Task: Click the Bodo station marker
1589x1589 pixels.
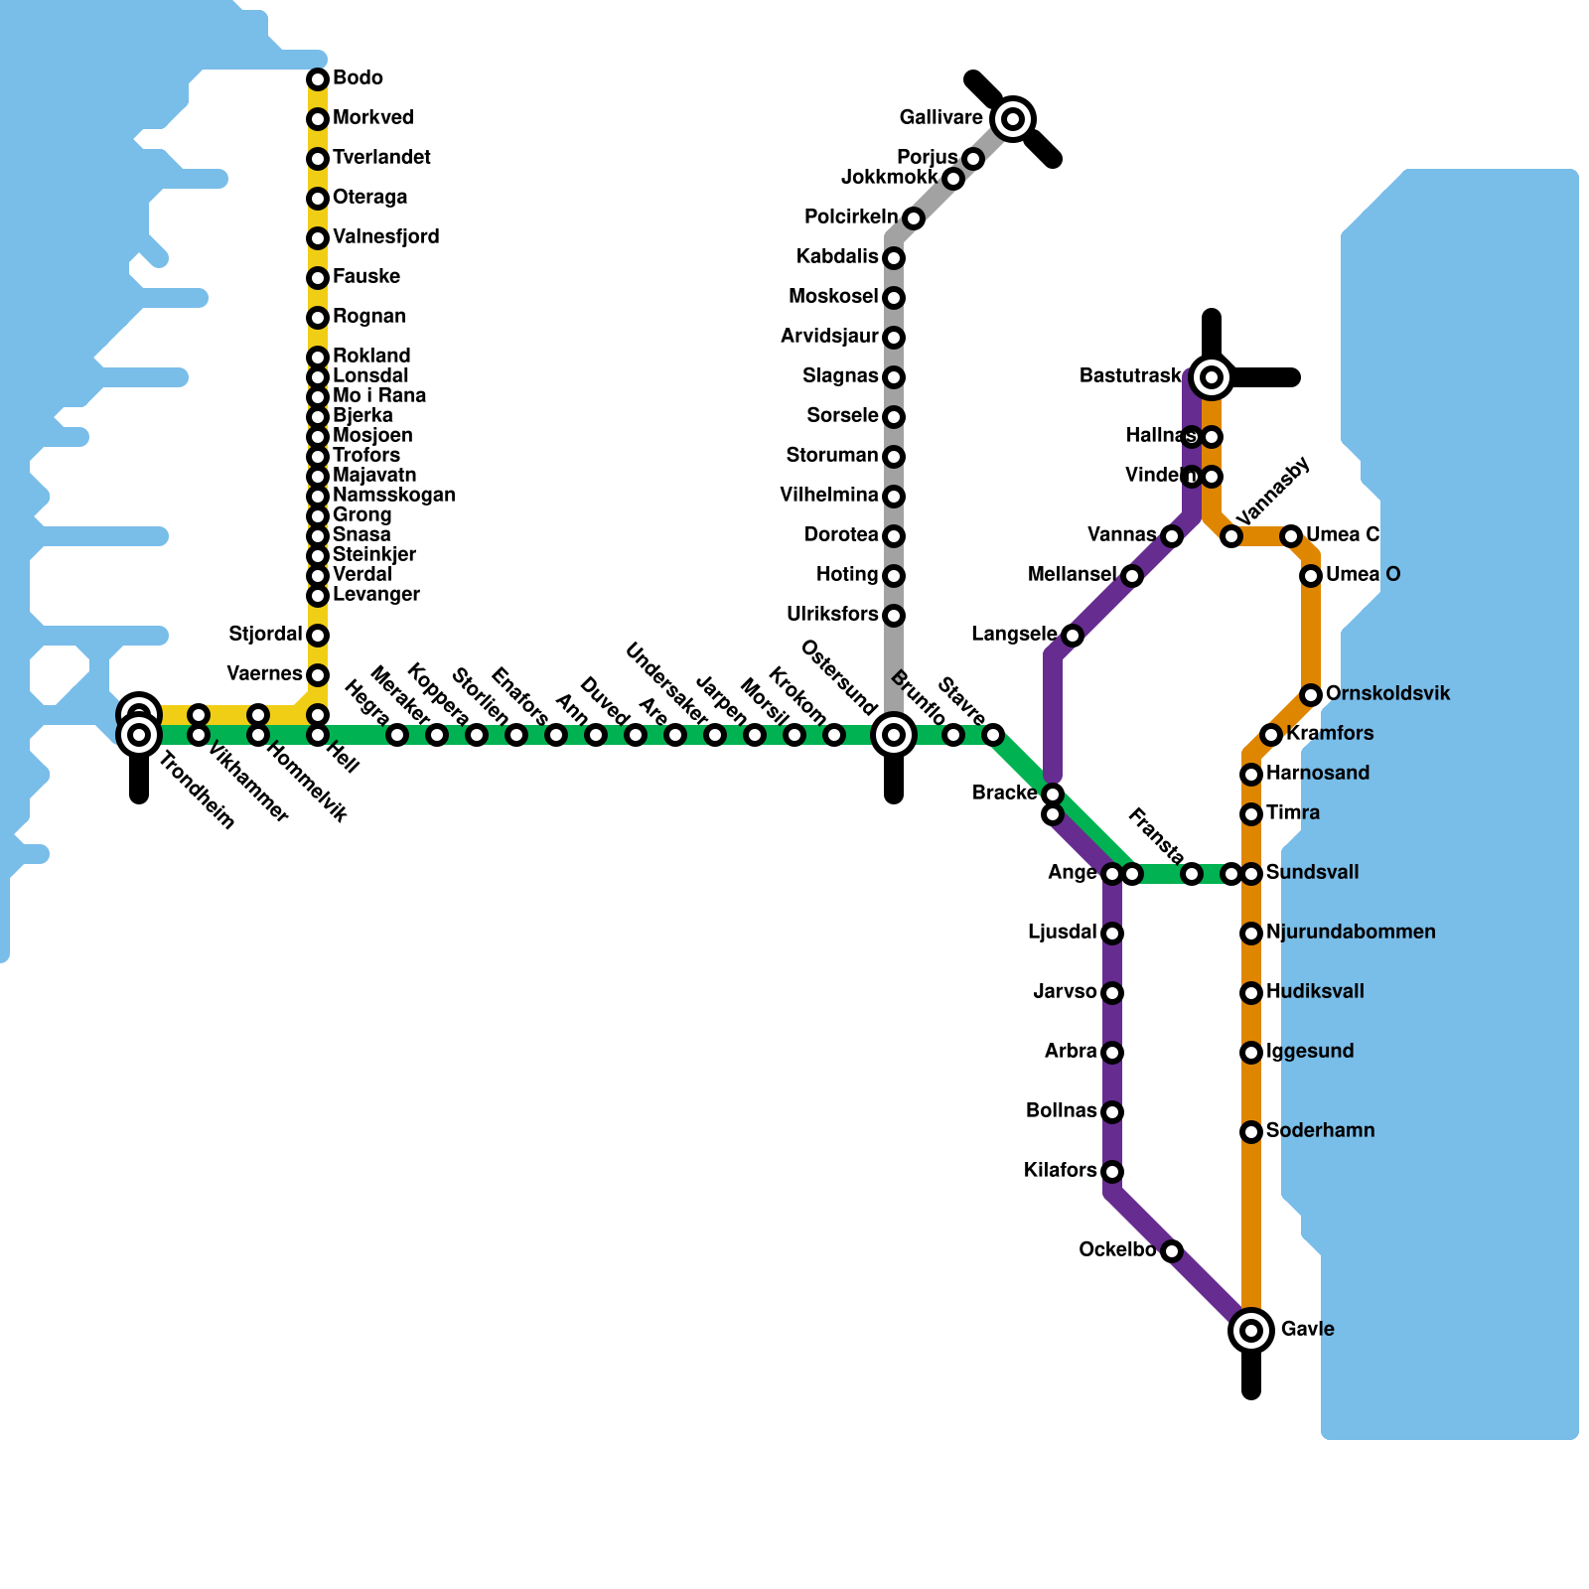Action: pos(318,79)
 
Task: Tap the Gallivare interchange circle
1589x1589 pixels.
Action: pos(1013,119)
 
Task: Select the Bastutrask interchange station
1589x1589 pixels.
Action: pos(1212,376)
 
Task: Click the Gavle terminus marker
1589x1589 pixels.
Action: pos(1251,1330)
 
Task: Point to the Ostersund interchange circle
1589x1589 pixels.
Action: pos(894,735)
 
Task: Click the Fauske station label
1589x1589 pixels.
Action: pos(365,277)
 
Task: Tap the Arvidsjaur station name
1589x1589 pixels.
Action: pos(829,337)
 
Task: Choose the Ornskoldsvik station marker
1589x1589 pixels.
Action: pos(1311,695)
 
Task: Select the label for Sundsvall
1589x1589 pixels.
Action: pos(1312,873)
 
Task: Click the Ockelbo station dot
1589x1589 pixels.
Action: pos(1172,1251)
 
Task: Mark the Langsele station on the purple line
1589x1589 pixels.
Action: pos(1073,636)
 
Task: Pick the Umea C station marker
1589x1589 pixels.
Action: pos(1291,536)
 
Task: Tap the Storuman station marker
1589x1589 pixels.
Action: pos(894,457)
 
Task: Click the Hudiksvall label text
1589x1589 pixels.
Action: pos(1315,992)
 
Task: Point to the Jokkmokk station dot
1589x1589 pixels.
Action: pos(953,179)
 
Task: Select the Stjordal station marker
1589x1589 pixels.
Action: pos(318,636)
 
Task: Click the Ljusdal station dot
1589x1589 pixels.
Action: pos(1112,934)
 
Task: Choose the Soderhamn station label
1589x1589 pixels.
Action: pos(1320,1131)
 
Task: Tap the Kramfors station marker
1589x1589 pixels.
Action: pos(1271,735)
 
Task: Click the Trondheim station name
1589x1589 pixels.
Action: pos(197,793)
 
